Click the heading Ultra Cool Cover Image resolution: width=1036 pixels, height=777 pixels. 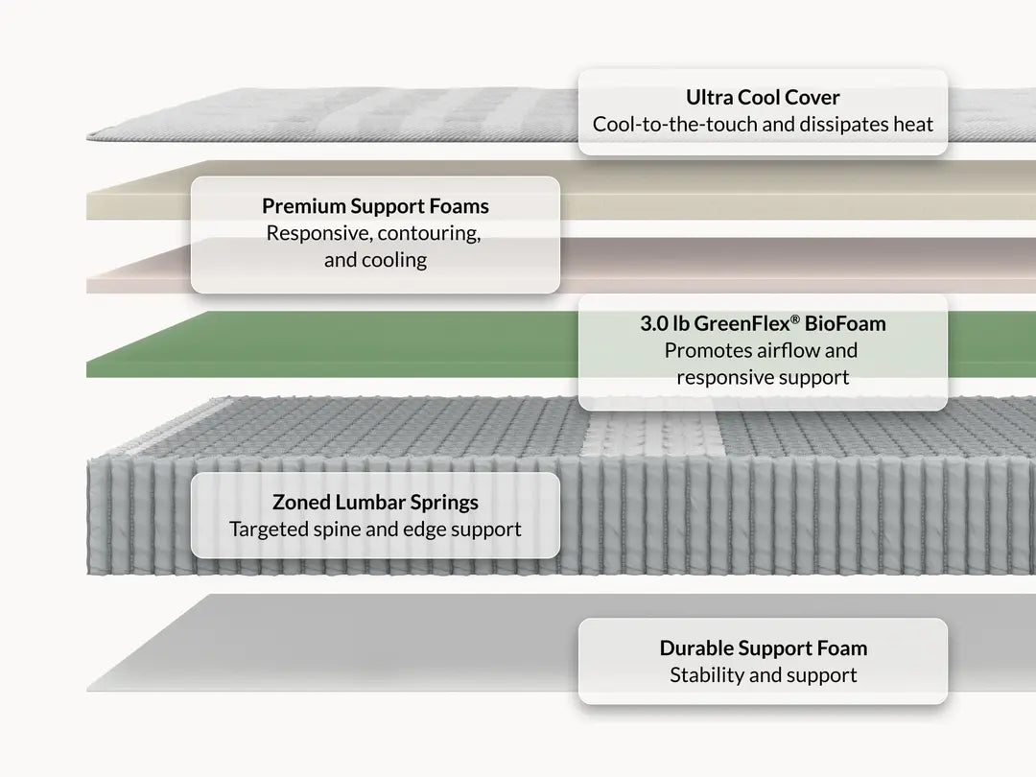[763, 98]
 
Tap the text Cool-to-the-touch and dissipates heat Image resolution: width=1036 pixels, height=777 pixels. [763, 124]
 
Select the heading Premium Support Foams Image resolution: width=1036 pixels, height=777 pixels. [375, 206]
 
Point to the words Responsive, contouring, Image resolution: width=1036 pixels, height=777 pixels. [373, 233]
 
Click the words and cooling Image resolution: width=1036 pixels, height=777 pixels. [375, 260]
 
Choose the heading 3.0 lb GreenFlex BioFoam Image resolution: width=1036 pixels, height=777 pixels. [763, 324]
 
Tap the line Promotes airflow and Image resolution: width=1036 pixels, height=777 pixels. [761, 350]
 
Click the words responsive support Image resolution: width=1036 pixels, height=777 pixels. [763, 377]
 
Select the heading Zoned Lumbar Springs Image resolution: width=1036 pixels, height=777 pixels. [375, 502]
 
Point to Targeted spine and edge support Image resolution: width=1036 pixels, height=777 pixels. [375, 530]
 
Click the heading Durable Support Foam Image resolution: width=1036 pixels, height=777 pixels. [764, 648]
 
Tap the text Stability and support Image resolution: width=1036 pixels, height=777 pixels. [764, 675]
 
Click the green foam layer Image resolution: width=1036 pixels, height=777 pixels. [330, 345]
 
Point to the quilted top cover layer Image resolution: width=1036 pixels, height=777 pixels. [330, 115]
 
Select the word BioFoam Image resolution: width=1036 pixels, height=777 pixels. [845, 324]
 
